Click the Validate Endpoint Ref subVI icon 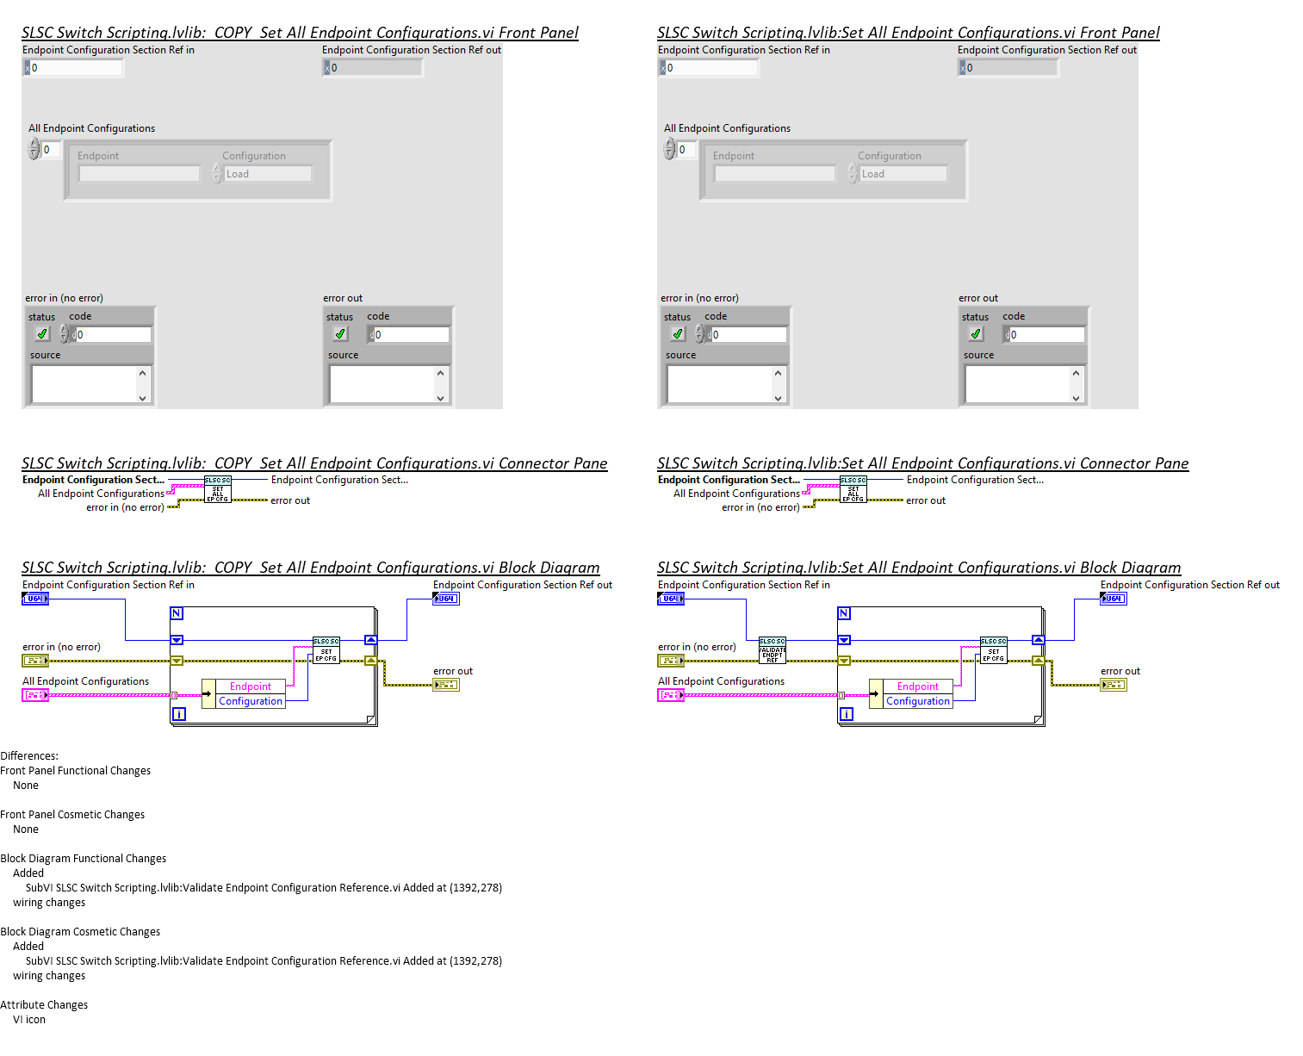click(x=772, y=649)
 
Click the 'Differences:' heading click(x=29, y=755)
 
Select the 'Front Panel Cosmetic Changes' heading click(x=72, y=814)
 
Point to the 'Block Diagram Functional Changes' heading click(x=84, y=858)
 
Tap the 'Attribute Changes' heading click(x=44, y=1004)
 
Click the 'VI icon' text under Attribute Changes click(x=29, y=1019)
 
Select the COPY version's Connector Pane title click(x=314, y=463)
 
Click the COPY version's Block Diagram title click(x=310, y=568)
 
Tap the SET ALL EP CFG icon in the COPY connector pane click(x=217, y=489)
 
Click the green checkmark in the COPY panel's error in click(x=41, y=334)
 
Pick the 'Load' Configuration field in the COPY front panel click(x=267, y=174)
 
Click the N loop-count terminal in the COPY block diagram click(x=177, y=613)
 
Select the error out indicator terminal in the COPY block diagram click(x=445, y=685)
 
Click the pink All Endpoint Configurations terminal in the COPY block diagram click(x=35, y=695)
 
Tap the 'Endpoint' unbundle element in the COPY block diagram click(x=250, y=686)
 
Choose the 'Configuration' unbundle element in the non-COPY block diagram click(x=918, y=701)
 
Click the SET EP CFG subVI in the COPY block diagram click(x=326, y=650)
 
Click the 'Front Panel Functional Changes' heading click(x=76, y=770)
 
